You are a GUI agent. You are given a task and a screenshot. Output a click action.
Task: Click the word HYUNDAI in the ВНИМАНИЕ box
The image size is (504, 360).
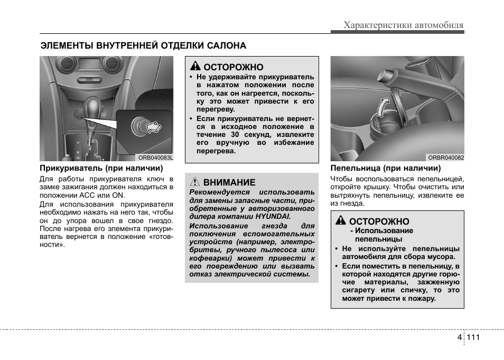274,217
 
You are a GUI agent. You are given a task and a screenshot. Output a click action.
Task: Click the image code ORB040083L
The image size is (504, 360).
155,157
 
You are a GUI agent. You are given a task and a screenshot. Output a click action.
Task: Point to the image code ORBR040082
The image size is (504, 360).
446,157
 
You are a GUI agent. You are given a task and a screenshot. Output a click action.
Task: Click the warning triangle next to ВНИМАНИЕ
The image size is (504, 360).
194,182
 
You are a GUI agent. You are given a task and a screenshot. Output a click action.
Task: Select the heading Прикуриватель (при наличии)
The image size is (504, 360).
101,169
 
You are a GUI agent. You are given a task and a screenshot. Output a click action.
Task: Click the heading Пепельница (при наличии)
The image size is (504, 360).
386,169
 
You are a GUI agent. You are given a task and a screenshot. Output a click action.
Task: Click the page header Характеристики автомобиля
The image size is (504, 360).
403,25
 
